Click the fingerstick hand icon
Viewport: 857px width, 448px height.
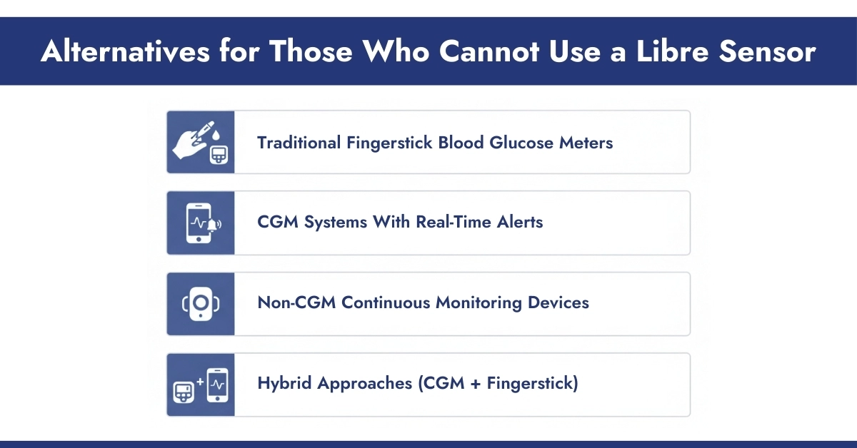point(200,142)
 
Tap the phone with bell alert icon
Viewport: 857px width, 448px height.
point(200,223)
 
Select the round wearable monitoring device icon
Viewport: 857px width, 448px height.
point(200,303)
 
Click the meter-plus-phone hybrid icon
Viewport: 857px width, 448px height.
point(200,385)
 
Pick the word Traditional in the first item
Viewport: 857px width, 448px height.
point(299,143)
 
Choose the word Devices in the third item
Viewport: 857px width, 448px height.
point(558,302)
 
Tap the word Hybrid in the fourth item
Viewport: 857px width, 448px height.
point(284,383)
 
